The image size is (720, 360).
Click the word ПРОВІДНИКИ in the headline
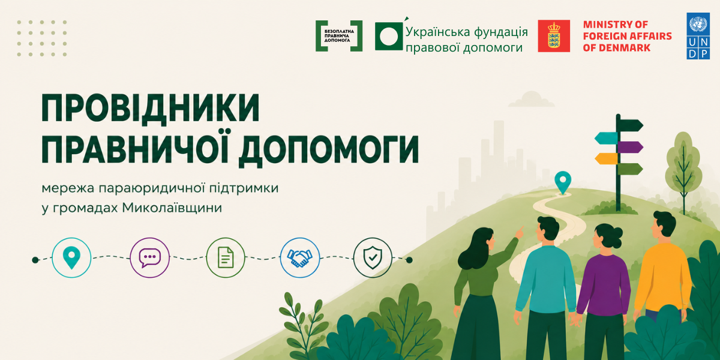[x=151, y=107]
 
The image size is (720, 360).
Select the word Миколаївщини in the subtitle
[x=172, y=208]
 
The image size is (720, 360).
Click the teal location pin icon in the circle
[x=71, y=258]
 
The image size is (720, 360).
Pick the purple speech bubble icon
[x=149, y=258]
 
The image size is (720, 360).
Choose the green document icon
[x=226, y=258]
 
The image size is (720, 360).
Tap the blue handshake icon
[x=299, y=258]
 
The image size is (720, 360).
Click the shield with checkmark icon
[x=373, y=258]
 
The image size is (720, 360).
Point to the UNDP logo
[x=698, y=36]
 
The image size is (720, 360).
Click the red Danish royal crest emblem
[x=554, y=36]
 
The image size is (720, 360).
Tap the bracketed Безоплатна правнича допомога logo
[x=339, y=36]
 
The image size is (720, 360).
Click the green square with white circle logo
[x=389, y=37]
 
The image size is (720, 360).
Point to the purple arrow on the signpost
[x=631, y=147]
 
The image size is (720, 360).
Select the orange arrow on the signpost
[x=606, y=159]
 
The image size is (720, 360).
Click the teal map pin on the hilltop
[x=563, y=182]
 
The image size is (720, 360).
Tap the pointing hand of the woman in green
[x=520, y=232]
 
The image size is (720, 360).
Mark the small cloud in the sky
[x=532, y=100]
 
